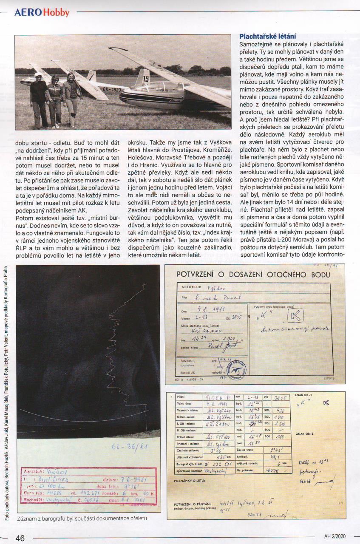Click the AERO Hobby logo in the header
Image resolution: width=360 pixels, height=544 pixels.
click(x=42, y=12)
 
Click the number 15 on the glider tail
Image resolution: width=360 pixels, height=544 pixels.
click(x=146, y=79)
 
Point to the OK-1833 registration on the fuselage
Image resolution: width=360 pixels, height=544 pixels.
click(x=112, y=90)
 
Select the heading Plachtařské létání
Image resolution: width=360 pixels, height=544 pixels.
click(x=268, y=37)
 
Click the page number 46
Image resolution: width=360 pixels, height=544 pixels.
click(x=20, y=538)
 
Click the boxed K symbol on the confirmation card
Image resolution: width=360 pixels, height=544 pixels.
click(x=295, y=315)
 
